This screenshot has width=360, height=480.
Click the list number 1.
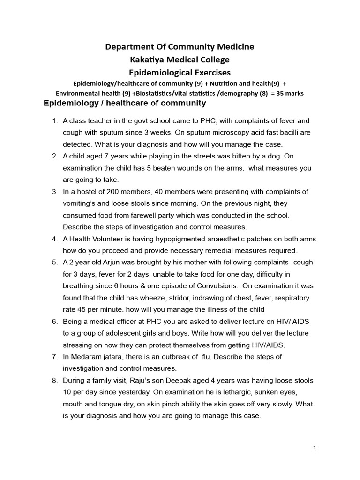54,121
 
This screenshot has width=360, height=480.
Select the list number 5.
54,262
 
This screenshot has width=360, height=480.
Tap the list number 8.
54,380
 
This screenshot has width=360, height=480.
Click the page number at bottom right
315,448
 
